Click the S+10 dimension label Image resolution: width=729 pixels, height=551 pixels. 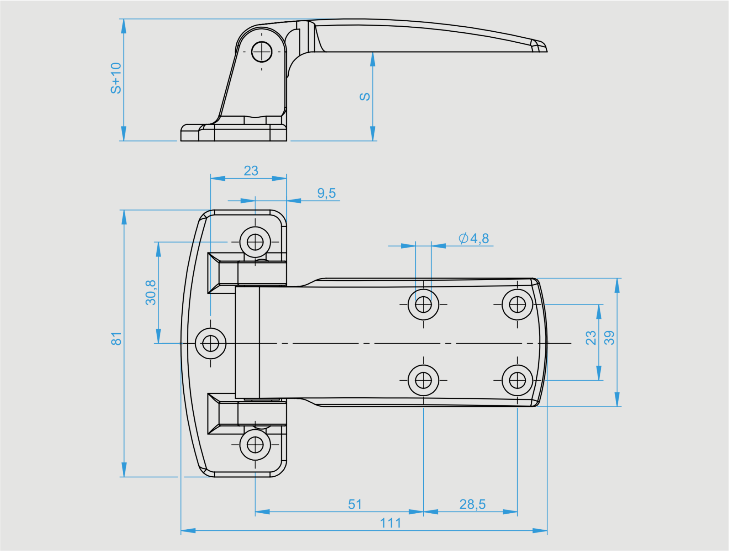click(116, 78)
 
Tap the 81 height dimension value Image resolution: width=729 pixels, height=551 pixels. click(116, 339)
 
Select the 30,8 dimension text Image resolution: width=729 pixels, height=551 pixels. click(151, 292)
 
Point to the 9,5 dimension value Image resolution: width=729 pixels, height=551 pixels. click(326, 193)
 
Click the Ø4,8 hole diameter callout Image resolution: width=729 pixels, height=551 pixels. click(474, 238)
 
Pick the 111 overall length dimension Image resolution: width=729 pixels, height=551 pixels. click(390, 523)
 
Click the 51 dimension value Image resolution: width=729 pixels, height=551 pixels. click(355, 504)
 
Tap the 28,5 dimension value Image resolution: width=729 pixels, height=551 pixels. click(472, 504)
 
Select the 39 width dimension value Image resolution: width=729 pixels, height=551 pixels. click(609, 338)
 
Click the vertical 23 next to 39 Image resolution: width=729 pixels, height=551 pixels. click(591, 338)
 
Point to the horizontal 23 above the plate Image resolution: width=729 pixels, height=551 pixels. click(251, 171)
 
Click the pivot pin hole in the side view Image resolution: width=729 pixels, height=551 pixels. click(262, 52)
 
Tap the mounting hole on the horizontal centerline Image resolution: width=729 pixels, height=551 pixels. click(210, 344)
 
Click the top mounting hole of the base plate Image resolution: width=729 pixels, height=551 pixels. click(255, 242)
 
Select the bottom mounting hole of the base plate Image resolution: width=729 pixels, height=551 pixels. click(255, 445)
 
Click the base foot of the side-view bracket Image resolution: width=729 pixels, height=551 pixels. click(233, 133)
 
